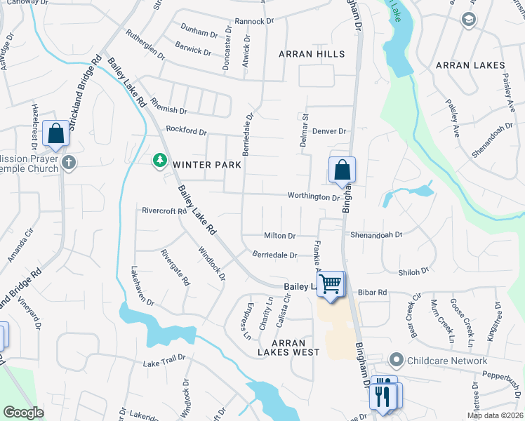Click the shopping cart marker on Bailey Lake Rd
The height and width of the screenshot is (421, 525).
click(331, 284)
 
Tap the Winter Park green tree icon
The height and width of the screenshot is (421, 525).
click(160, 162)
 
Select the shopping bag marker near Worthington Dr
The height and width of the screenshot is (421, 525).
click(342, 170)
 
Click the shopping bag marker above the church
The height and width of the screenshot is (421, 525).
click(55, 134)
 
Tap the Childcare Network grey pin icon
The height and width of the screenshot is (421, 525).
click(397, 361)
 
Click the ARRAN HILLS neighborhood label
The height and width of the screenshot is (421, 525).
click(312, 54)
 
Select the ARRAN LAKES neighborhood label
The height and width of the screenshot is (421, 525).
click(470, 65)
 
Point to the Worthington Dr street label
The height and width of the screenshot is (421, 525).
click(313, 197)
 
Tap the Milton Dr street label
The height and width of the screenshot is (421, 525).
click(280, 236)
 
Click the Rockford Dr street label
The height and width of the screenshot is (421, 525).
click(186, 131)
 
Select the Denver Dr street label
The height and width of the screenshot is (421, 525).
click(330, 131)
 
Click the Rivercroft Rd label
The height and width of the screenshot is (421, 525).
click(164, 210)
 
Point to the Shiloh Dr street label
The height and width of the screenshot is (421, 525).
click(413, 272)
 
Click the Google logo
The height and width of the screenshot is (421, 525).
click(23, 413)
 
